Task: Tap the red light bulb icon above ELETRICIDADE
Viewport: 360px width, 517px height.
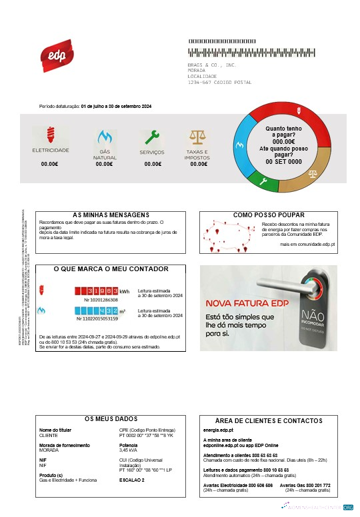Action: (50, 135)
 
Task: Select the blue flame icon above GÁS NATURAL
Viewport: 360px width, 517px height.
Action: (105, 138)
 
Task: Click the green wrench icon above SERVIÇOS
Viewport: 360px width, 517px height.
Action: (153, 138)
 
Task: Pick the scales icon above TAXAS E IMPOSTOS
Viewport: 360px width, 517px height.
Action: (197, 138)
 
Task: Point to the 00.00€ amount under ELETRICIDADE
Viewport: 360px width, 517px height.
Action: (50, 163)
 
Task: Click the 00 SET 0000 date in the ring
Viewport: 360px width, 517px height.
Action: (284, 162)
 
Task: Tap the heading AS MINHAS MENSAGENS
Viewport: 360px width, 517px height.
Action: (111, 215)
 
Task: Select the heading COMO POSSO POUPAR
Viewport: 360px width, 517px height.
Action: (270, 215)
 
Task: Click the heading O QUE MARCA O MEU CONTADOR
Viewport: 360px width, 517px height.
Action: (111, 269)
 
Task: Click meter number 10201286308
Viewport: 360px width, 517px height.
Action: (101, 300)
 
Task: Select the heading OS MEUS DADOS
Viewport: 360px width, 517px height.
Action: (111, 418)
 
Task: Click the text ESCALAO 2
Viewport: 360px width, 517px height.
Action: (132, 480)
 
